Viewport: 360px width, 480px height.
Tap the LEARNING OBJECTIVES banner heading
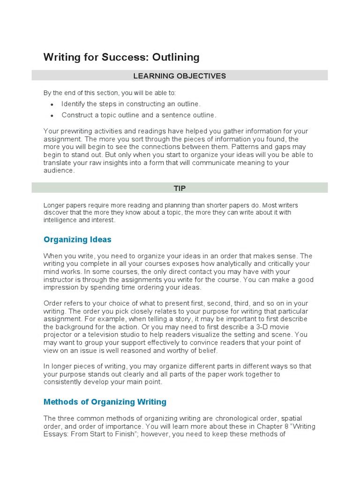pyautogui.click(x=180, y=75)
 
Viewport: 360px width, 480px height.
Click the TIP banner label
pyautogui.click(x=180, y=188)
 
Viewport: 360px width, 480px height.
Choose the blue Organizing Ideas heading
pyautogui.click(x=77, y=240)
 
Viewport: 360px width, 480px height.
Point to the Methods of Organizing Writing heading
pyautogui.click(x=105, y=402)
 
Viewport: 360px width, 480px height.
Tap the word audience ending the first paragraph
pyautogui.click(x=59, y=171)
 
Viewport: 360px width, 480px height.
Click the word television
pyautogui.click(x=118, y=335)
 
